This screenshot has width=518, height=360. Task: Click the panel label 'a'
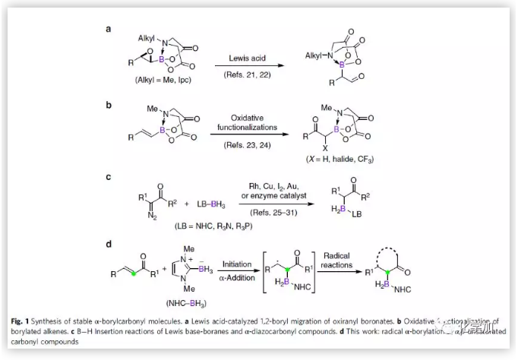[109, 29]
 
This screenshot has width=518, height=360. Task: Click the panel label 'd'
[109, 244]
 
